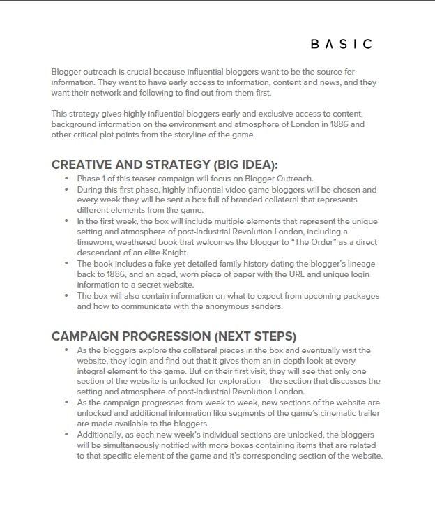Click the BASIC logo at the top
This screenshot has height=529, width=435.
click(341, 44)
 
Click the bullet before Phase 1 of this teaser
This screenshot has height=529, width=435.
click(66, 179)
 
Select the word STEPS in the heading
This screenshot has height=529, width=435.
click(277, 335)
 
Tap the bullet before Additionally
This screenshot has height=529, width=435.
click(66, 434)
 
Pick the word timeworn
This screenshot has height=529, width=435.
click(97, 242)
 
